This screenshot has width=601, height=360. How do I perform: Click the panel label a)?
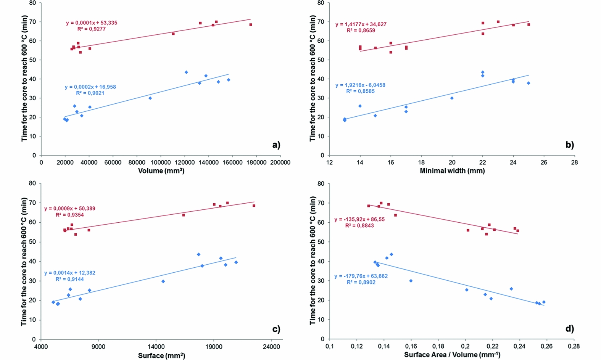click(276, 145)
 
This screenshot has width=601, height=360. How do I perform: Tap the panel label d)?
click(569, 329)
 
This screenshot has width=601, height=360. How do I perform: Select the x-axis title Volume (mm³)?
click(161, 171)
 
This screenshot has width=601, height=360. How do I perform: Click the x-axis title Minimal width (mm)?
click(452, 171)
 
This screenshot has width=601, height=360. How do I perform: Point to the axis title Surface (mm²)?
click(161, 355)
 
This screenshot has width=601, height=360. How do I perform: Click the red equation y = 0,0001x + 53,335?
click(92, 23)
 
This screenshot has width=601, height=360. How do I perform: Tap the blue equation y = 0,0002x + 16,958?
click(90, 87)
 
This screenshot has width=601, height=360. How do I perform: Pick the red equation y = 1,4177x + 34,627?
click(361, 24)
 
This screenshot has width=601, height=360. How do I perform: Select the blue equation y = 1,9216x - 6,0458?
click(360, 85)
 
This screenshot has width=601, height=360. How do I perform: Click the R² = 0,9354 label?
click(70, 215)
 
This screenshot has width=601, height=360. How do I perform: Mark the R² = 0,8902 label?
click(361, 283)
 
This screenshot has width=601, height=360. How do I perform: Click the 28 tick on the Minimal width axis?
click(574, 162)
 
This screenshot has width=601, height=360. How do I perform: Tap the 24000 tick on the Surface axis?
click(271, 347)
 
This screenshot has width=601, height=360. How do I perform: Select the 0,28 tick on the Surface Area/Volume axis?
click(574, 347)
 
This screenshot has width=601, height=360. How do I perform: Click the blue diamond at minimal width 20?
click(452, 98)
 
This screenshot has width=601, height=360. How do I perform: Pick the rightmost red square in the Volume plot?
click(251, 25)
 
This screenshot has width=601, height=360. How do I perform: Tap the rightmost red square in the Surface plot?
click(254, 206)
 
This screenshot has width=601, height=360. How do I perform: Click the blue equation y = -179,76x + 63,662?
click(361, 276)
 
